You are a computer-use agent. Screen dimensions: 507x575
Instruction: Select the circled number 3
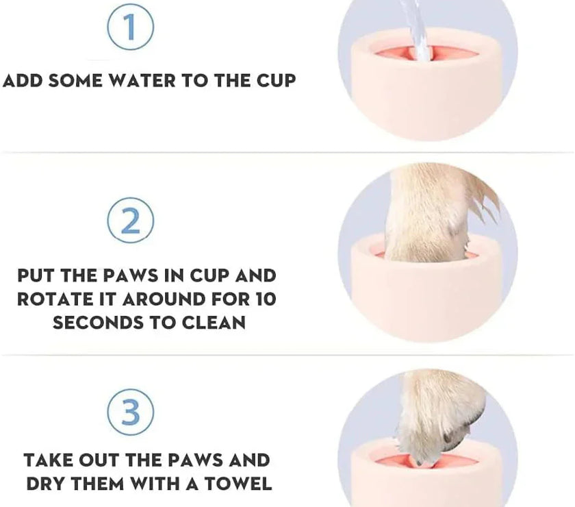click(x=130, y=410)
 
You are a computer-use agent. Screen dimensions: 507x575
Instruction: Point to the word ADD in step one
click(x=22, y=80)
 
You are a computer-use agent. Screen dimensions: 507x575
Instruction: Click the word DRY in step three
click(x=49, y=483)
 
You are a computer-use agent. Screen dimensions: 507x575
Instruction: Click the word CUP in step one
click(x=274, y=80)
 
